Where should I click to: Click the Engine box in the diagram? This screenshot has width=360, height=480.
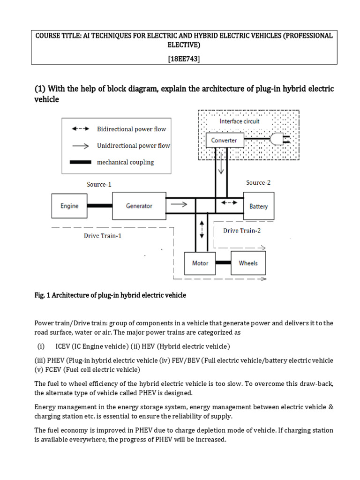coord(69,205)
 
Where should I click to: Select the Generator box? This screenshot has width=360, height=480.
coord(139,205)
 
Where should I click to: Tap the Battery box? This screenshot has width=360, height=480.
coord(258,206)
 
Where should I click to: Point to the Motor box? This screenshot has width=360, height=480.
coord(200,263)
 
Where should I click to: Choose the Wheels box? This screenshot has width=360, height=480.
coord(248,263)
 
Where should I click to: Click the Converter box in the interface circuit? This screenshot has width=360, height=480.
coord(224,140)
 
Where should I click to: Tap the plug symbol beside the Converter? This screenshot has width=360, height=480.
coord(280,140)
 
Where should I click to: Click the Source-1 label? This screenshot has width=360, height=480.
coord(99,184)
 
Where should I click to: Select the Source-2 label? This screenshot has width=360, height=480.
coord(258,182)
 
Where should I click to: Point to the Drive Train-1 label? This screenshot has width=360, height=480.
coord(103,236)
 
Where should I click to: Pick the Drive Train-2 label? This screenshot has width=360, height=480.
coord(241,230)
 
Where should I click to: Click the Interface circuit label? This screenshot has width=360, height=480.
coord(240,121)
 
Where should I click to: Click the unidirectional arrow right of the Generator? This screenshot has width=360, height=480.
coord(179,204)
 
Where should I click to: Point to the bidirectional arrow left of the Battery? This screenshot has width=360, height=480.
coord(229,203)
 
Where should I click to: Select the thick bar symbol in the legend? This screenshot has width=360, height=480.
coord(81,163)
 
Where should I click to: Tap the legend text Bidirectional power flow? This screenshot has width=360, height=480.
coord(131,129)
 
